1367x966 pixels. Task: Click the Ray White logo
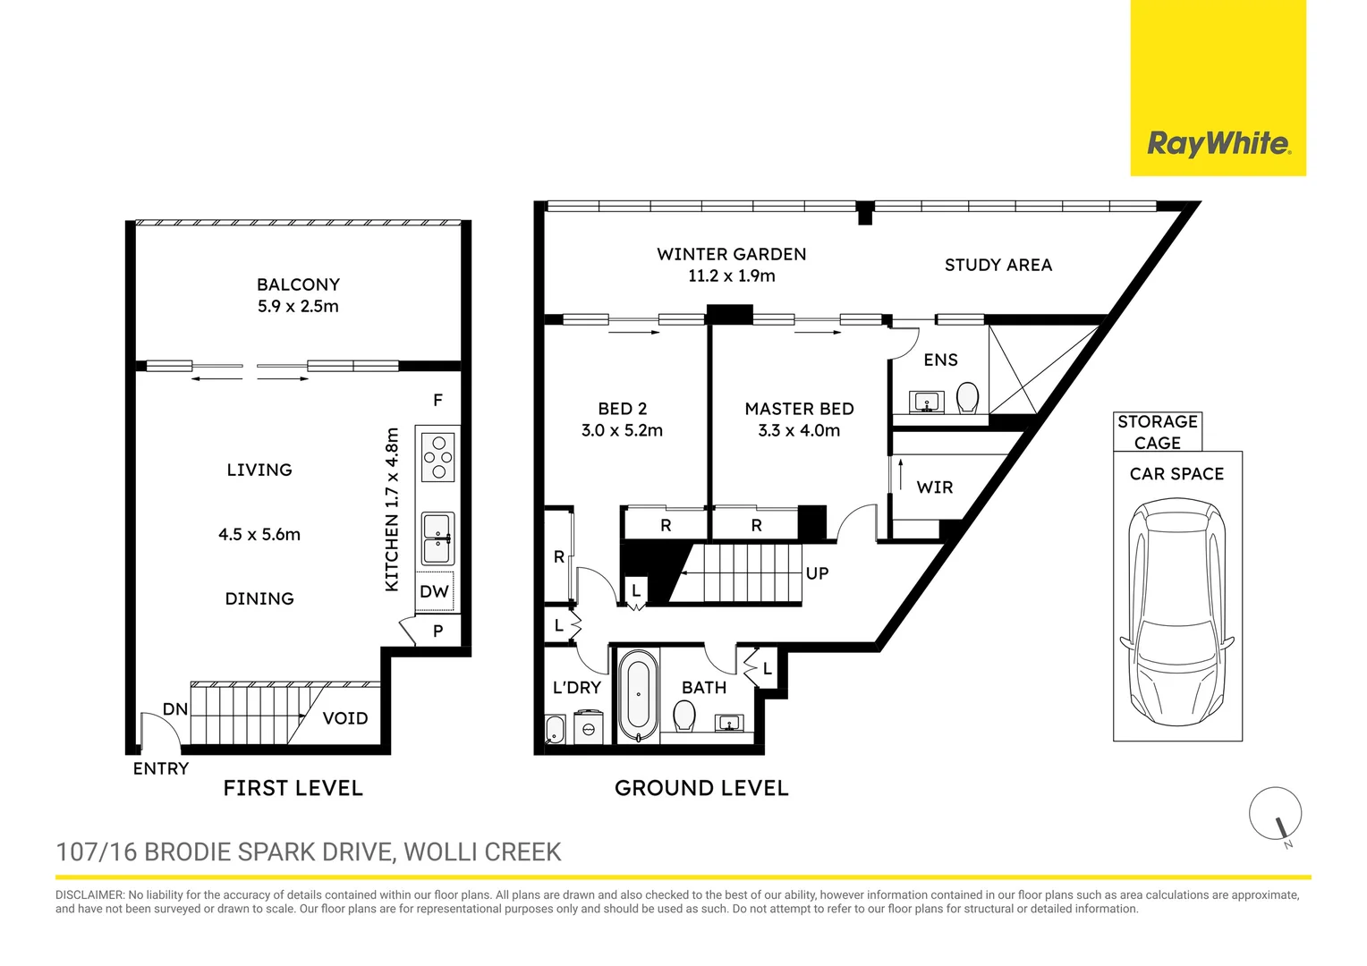click(1218, 143)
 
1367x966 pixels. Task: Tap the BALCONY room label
click(298, 284)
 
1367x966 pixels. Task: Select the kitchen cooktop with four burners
click(438, 457)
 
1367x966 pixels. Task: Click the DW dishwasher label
click(434, 592)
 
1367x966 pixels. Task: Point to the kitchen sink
click(438, 538)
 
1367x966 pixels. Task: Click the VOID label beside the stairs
click(345, 718)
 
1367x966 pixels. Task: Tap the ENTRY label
click(161, 768)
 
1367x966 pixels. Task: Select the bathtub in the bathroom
click(638, 697)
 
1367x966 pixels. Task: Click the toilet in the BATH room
click(684, 715)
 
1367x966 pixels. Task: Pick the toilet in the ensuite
click(967, 397)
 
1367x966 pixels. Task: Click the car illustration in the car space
click(1176, 614)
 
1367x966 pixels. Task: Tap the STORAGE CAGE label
click(1157, 432)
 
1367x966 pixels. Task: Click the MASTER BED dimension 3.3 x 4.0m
click(799, 430)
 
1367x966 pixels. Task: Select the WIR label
click(935, 487)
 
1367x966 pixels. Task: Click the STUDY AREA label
click(998, 265)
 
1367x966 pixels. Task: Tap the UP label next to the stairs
click(817, 573)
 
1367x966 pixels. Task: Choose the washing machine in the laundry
click(589, 726)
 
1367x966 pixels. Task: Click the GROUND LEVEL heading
click(701, 788)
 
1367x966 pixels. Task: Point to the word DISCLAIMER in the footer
click(89, 894)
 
